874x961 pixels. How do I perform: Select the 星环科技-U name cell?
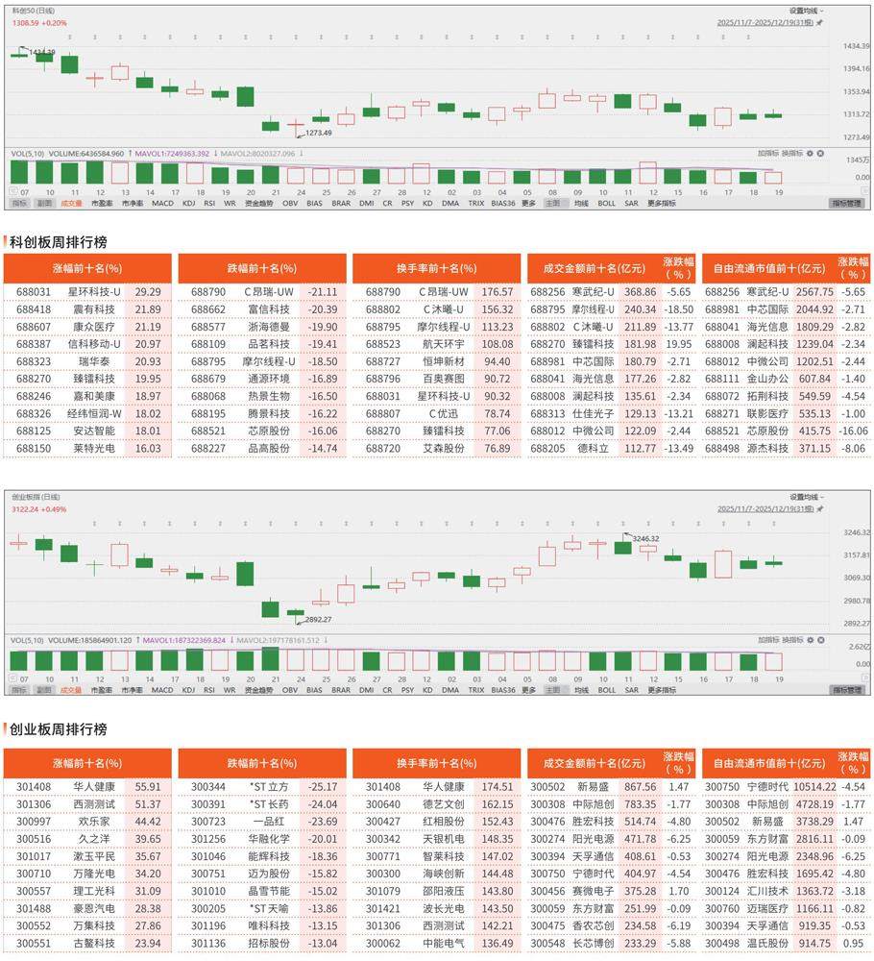(93, 291)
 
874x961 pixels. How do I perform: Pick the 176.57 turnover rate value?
(497, 291)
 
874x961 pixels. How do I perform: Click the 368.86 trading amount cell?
(640, 291)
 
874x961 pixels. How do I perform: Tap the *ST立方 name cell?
(268, 786)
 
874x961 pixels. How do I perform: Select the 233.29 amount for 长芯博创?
(640, 944)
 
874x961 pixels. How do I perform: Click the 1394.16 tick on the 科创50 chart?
(857, 68)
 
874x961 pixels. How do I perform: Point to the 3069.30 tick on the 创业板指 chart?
(857, 578)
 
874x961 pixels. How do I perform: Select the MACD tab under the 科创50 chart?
(162, 204)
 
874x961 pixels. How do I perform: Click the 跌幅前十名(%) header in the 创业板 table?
(262, 763)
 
